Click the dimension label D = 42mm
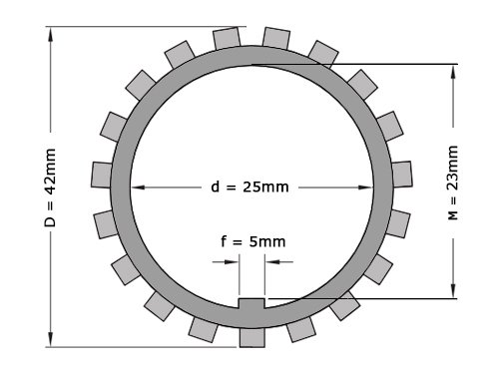click(50, 187)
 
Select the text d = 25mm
click(249, 187)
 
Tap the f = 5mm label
click(253, 241)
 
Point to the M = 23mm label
click(453, 183)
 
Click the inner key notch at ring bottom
click(251, 303)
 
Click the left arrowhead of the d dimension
click(139, 187)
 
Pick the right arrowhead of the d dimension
click(365, 187)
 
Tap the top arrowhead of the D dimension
click(51, 34)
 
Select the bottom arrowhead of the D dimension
click(51, 339)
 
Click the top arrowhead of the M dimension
click(453, 72)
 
